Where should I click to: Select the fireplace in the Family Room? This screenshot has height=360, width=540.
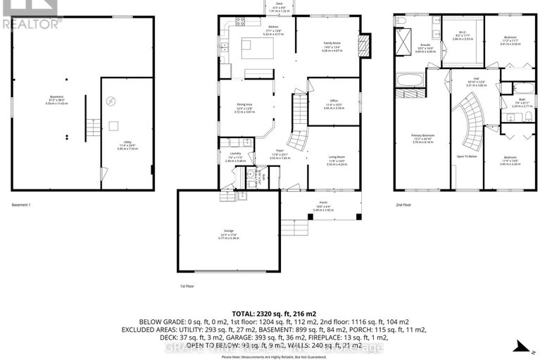363,47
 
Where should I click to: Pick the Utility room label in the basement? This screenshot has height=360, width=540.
127,146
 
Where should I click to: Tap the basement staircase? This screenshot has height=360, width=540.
91,130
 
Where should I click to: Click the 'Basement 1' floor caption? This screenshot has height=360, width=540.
22,204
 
